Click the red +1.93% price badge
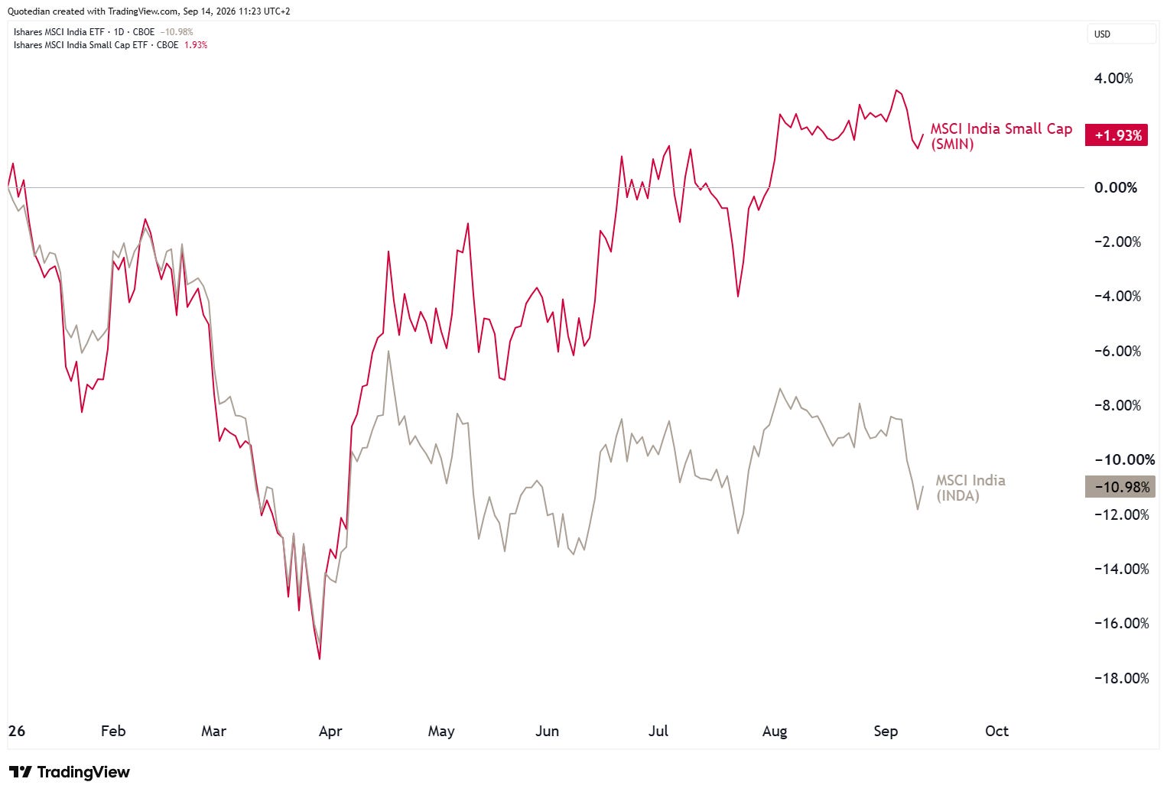(x=1116, y=135)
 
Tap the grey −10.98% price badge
(x=1120, y=487)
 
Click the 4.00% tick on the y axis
(x=1113, y=78)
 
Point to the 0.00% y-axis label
(x=1116, y=187)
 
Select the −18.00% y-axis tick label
(x=1122, y=678)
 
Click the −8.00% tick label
(x=1117, y=405)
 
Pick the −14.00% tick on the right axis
(x=1122, y=569)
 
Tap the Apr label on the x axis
(x=330, y=732)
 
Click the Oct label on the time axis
(x=996, y=731)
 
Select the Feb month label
(x=113, y=731)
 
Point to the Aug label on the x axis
(x=775, y=732)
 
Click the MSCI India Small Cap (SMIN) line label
(x=1001, y=136)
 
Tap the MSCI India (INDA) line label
(x=970, y=488)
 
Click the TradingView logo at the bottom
(x=70, y=771)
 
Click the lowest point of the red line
(x=320, y=659)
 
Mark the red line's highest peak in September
(x=896, y=90)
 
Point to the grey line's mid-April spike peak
(x=388, y=352)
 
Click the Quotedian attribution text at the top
(x=148, y=11)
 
